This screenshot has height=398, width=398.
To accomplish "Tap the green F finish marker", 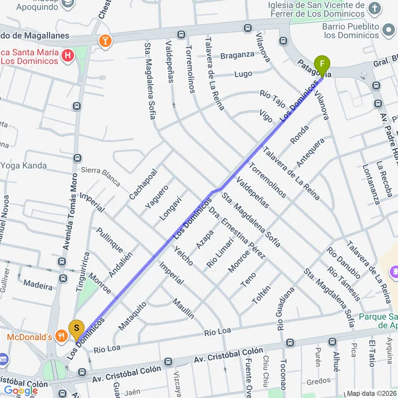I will click(321, 66).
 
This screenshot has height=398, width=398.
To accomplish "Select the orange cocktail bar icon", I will click(105, 40).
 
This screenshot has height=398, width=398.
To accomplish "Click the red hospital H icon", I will click(68, 55).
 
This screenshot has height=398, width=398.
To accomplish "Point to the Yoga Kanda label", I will click(23, 166).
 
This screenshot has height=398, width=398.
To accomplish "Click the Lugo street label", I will click(243, 74).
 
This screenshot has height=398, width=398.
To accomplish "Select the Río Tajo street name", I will click(273, 96).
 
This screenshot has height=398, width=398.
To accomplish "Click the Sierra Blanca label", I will click(101, 176).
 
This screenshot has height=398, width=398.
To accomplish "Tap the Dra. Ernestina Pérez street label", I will click(237, 232).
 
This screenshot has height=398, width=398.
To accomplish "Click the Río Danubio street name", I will click(344, 263).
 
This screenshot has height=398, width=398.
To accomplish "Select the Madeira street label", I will click(38, 285).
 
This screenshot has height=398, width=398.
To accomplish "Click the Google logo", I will click(21, 391).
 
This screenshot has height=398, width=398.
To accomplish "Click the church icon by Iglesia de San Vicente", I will click(375, 7).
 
